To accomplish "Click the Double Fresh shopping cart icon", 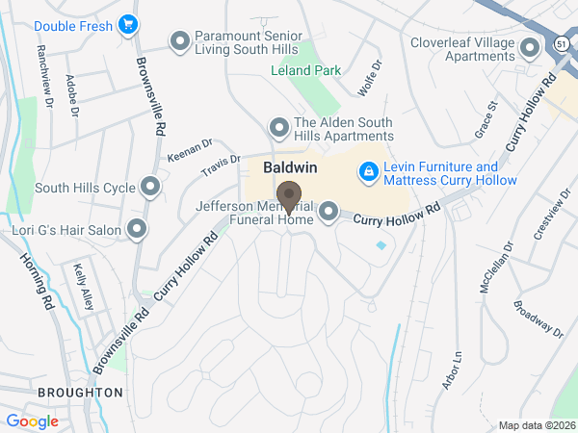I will [x=127, y=26].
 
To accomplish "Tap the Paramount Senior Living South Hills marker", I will [x=179, y=41].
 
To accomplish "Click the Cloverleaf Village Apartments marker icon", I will [x=529, y=47].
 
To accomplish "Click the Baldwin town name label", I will [x=290, y=167].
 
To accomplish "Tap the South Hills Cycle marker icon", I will [x=149, y=187].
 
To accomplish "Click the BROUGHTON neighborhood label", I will [x=80, y=393].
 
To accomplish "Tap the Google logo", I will [x=32, y=420].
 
